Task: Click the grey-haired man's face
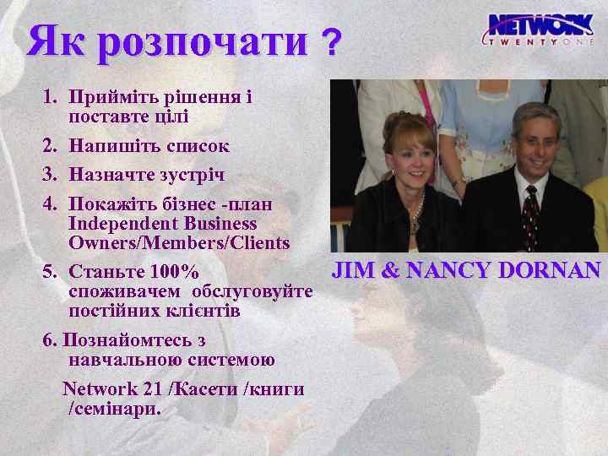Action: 535,144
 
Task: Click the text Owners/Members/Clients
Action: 179,243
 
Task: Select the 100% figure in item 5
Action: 174,274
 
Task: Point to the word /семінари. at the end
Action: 114,409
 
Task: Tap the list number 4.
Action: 50,204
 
